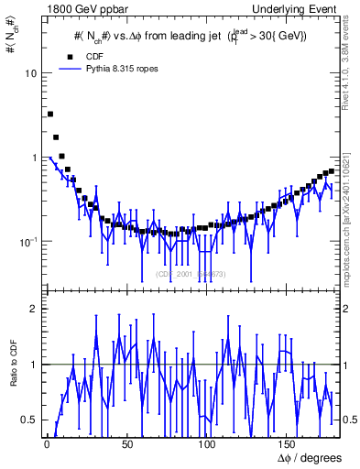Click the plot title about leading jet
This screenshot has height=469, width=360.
tap(191, 36)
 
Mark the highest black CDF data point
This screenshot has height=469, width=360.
tap(49, 115)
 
